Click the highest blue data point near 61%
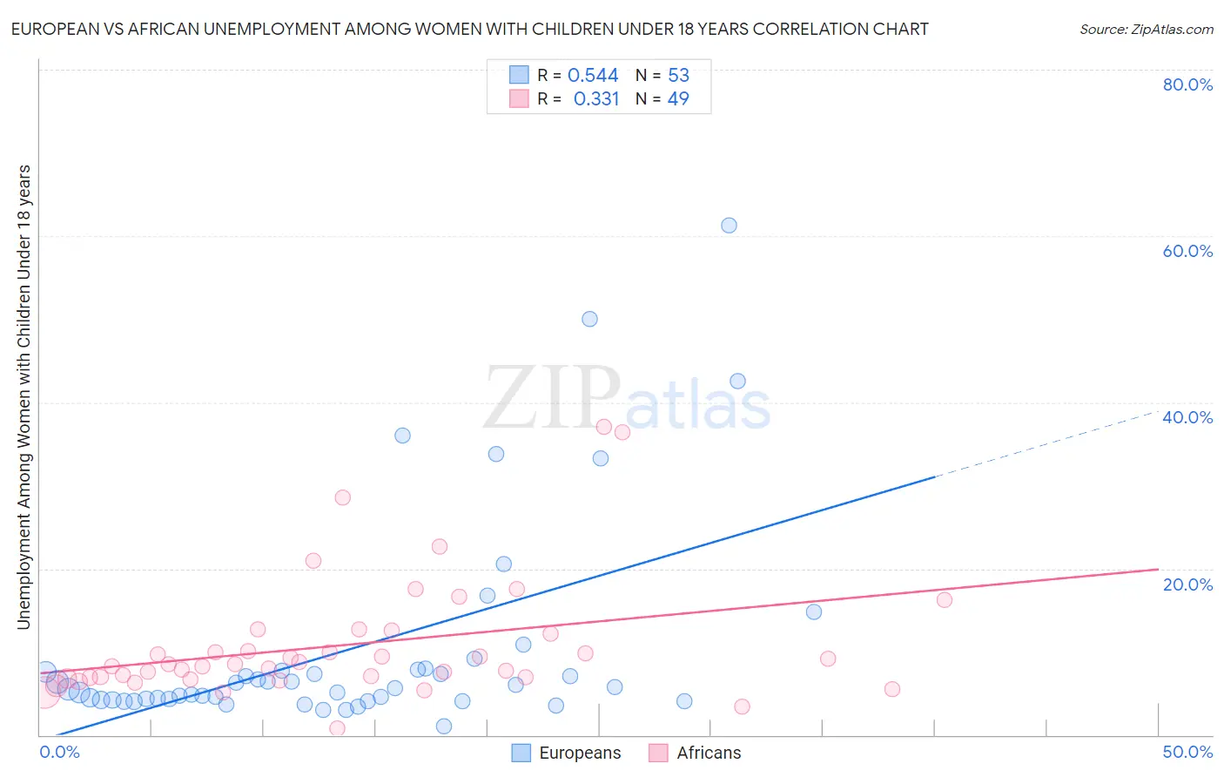tap(729, 226)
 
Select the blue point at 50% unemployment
tap(589, 319)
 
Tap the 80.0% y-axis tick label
tap(1187, 84)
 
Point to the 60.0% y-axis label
tap(1187, 251)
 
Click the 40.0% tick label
tap(1187, 417)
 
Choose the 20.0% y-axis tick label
tap(1187, 584)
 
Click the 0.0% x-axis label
tap(60, 752)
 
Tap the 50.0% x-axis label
tap(1187, 752)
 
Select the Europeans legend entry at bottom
tap(567, 753)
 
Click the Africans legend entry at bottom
tap(695, 753)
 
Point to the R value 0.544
tap(593, 76)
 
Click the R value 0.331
tap(595, 99)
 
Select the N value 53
tap(678, 76)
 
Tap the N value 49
tap(678, 99)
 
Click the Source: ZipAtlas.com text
tap(1146, 30)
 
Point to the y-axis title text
tap(24, 396)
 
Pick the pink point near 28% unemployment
tap(342, 497)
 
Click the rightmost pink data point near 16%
tap(944, 599)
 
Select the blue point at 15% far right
tap(813, 611)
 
